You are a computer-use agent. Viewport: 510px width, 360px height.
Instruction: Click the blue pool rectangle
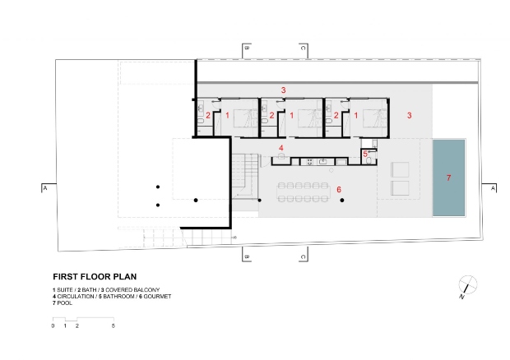(448, 178)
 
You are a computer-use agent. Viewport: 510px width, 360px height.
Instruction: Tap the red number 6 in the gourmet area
(339, 189)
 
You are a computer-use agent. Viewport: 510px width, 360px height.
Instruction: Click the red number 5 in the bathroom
(365, 154)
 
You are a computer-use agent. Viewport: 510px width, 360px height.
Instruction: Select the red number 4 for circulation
(281, 148)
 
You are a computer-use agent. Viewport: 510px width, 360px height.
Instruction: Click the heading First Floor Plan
(95, 277)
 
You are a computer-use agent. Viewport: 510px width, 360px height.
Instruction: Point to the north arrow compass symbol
(467, 286)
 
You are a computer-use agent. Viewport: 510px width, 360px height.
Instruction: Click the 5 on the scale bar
(114, 325)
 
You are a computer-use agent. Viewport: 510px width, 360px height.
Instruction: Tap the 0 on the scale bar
(53, 325)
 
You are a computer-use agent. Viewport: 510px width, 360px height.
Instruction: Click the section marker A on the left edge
(45, 188)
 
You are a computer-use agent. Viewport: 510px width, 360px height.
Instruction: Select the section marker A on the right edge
(493, 188)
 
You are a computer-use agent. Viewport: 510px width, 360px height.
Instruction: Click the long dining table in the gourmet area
(304, 192)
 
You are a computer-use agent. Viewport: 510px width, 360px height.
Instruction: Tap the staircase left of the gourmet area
(245, 176)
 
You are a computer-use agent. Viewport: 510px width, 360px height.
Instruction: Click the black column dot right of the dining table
(342, 201)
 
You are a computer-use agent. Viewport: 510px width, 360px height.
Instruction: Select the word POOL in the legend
(65, 303)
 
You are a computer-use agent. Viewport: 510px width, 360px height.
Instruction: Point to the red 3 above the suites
(283, 90)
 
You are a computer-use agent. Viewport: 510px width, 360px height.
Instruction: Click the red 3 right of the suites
(409, 115)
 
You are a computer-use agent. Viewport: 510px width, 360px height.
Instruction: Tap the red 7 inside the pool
(449, 178)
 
